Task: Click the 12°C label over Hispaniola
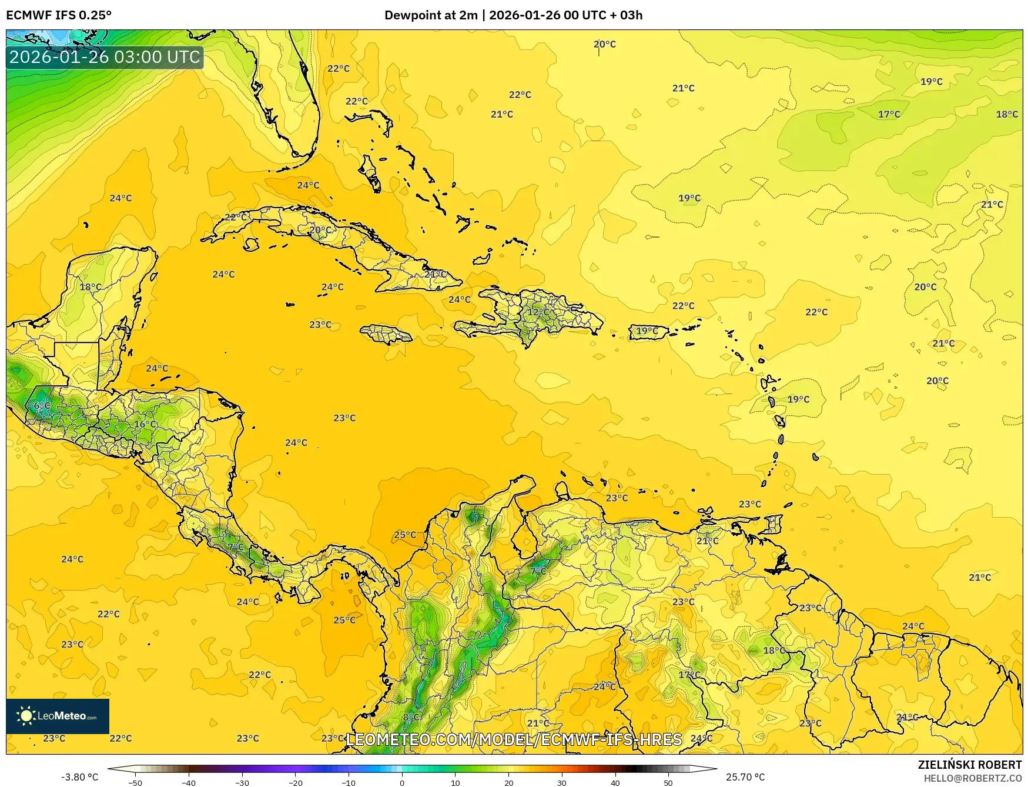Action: (538, 312)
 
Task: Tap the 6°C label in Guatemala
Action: (42, 406)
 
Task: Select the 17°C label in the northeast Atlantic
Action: (889, 114)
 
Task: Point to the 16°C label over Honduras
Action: (146, 424)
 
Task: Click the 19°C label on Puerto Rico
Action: (647, 331)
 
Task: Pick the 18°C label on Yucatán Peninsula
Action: (91, 287)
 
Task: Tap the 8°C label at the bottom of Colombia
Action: (411, 717)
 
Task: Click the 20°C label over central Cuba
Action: (320, 230)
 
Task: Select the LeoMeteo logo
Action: (58, 716)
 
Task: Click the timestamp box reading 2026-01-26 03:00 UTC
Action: (105, 58)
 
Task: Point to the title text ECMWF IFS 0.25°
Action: (59, 15)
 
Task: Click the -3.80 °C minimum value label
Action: (80, 777)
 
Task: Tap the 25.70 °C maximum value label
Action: (745, 777)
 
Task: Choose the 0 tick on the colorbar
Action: (402, 782)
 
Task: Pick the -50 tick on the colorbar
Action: (135, 782)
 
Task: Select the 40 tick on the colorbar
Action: (615, 782)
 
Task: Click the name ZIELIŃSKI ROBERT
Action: (970, 765)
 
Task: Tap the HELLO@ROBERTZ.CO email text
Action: (973, 778)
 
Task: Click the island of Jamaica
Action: (386, 335)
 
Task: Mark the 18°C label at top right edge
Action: (1006, 114)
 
